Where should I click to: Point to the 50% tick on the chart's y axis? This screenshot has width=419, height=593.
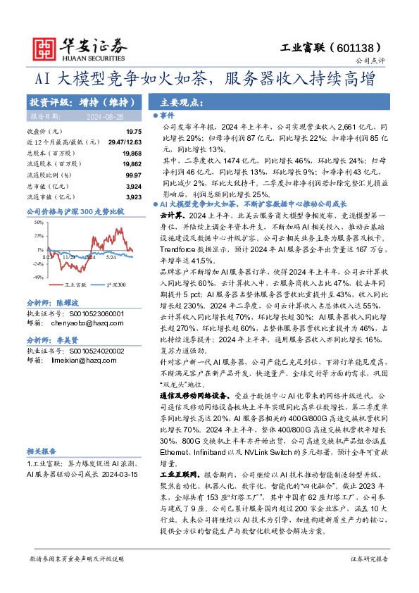[37, 223]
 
